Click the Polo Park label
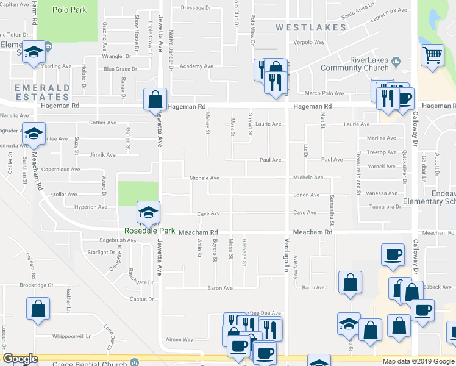click(x=69, y=10)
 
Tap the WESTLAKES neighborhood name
click(x=311, y=27)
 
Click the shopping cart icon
click(x=432, y=56)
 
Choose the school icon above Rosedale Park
click(x=148, y=212)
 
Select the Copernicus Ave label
click(x=59, y=170)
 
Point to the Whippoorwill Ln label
click(x=71, y=335)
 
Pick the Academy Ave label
click(x=196, y=66)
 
